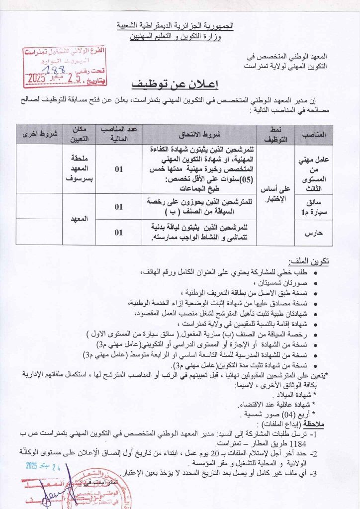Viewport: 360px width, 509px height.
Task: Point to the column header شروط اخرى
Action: point(40,135)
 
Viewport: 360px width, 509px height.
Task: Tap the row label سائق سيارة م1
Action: point(314,205)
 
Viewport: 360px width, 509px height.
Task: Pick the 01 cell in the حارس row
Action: point(118,232)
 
